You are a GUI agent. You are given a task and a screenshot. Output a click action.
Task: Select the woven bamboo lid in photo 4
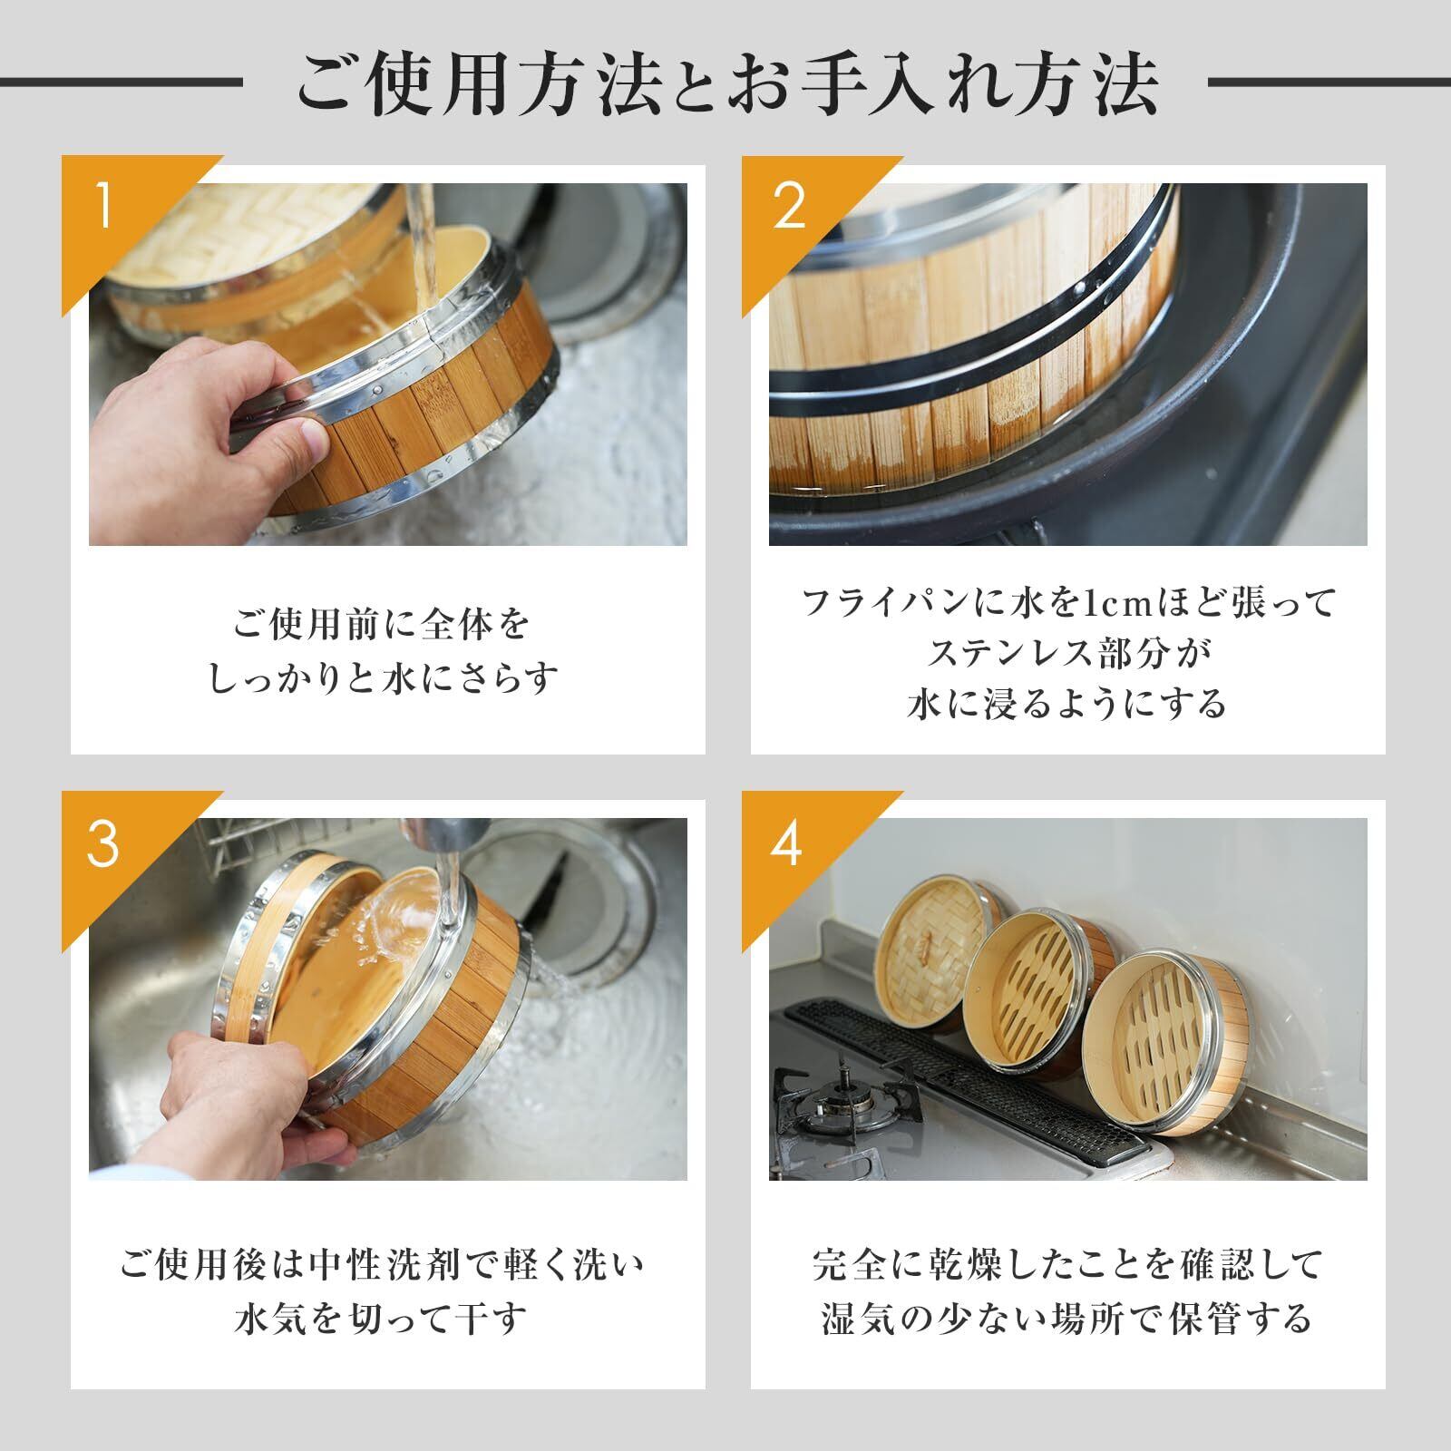[934, 948]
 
